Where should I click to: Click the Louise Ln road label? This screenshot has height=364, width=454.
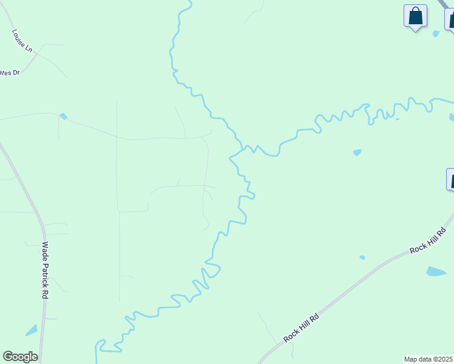pyautogui.click(x=22, y=40)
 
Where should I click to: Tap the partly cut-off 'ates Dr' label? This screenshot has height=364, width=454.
pyautogui.click(x=10, y=72)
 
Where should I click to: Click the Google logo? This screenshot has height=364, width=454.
pyautogui.click(x=20, y=357)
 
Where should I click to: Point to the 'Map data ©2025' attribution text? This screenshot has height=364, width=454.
pyautogui.click(x=428, y=359)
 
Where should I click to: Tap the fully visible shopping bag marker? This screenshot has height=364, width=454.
pyautogui.click(x=415, y=16)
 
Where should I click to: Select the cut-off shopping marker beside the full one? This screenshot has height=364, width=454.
pyautogui.click(x=450, y=18)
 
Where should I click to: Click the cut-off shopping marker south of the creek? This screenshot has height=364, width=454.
pyautogui.click(x=450, y=180)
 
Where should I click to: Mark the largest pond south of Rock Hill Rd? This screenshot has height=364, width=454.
pyautogui.click(x=436, y=271)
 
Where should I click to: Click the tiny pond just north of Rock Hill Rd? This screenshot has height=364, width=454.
pyautogui.click(x=362, y=257)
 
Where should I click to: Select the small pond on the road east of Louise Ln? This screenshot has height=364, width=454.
pyautogui.click(x=64, y=116)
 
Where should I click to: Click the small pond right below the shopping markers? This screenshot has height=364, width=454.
pyautogui.click(x=436, y=34)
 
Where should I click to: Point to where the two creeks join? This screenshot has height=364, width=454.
pyautogui.click(x=243, y=147)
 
